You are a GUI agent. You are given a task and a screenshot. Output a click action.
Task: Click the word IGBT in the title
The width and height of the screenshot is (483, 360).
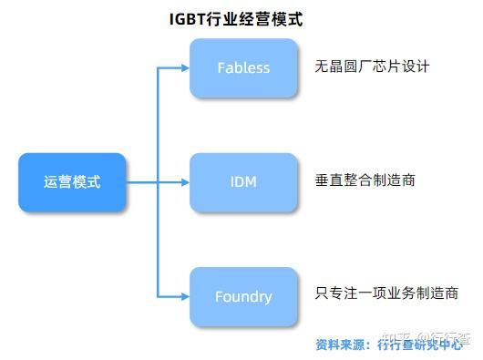click(188, 17)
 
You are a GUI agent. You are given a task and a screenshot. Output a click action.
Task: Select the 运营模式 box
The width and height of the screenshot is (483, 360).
click(72, 182)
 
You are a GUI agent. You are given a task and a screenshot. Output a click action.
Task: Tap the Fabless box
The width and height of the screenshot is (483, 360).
click(243, 67)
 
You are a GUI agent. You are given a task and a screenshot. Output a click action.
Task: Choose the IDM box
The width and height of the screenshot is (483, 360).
click(243, 182)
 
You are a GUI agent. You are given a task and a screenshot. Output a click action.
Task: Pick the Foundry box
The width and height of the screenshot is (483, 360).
click(243, 296)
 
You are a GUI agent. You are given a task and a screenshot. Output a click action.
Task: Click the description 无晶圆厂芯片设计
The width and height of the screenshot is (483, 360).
click(371, 67)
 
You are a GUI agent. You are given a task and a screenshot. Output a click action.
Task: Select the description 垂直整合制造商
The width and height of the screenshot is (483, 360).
click(365, 180)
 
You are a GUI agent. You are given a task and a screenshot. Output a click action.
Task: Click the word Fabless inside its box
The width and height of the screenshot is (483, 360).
click(243, 67)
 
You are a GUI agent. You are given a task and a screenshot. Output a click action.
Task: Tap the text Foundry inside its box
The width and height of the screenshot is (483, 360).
click(243, 296)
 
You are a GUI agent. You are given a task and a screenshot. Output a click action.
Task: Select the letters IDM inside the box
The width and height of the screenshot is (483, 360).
click(243, 182)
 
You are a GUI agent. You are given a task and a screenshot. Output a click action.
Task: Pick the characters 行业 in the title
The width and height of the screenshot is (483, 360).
click(223, 17)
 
